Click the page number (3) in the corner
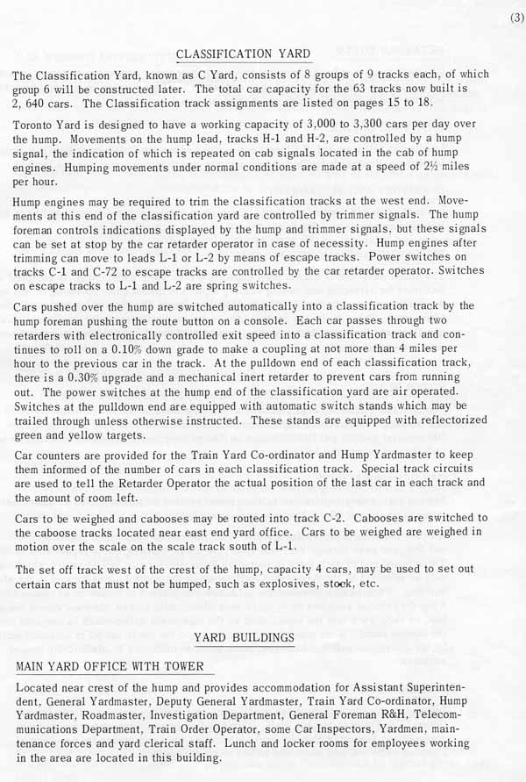point(513,17)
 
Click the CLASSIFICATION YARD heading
point(243,54)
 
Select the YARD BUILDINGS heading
point(244,637)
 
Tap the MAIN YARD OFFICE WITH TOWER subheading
point(110,667)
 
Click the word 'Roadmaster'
point(107,715)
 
